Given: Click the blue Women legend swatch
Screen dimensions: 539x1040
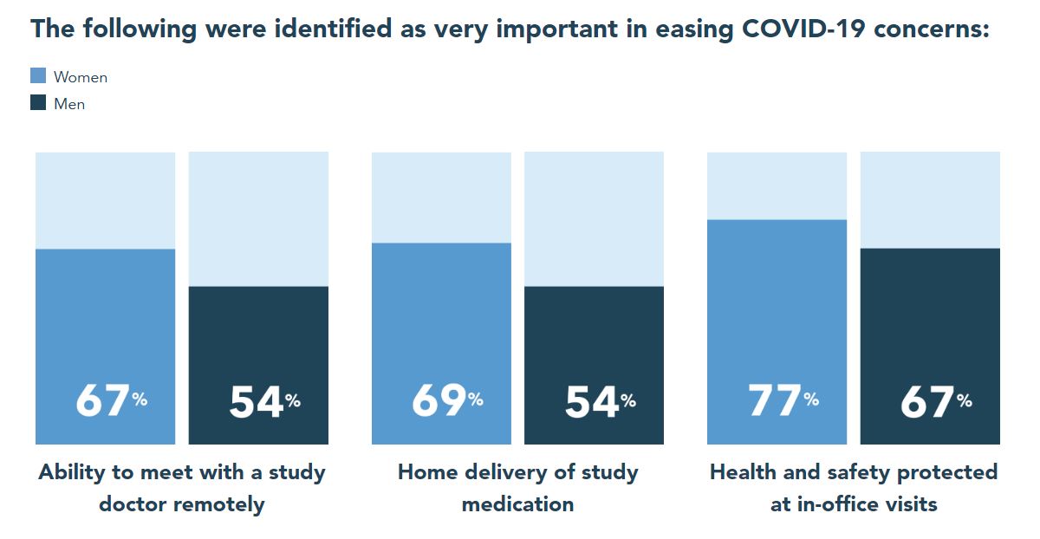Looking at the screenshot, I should pos(38,76).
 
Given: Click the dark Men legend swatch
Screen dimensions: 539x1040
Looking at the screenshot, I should pos(38,103).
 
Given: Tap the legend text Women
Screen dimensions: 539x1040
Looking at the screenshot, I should pos(81,77).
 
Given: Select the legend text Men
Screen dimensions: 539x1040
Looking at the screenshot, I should pos(69,104).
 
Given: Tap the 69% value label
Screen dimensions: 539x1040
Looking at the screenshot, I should pos(446,400).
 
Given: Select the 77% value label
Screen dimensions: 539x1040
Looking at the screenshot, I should pos(783,400).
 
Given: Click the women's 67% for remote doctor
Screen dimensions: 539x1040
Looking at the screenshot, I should pos(110,400).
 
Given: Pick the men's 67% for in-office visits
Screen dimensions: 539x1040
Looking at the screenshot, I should pos(935,401).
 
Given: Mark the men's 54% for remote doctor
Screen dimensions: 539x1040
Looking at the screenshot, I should pos(263,401).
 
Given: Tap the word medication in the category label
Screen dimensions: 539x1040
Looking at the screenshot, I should pos(517,503).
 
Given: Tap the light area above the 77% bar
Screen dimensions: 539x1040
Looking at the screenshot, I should pos(777,185).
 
